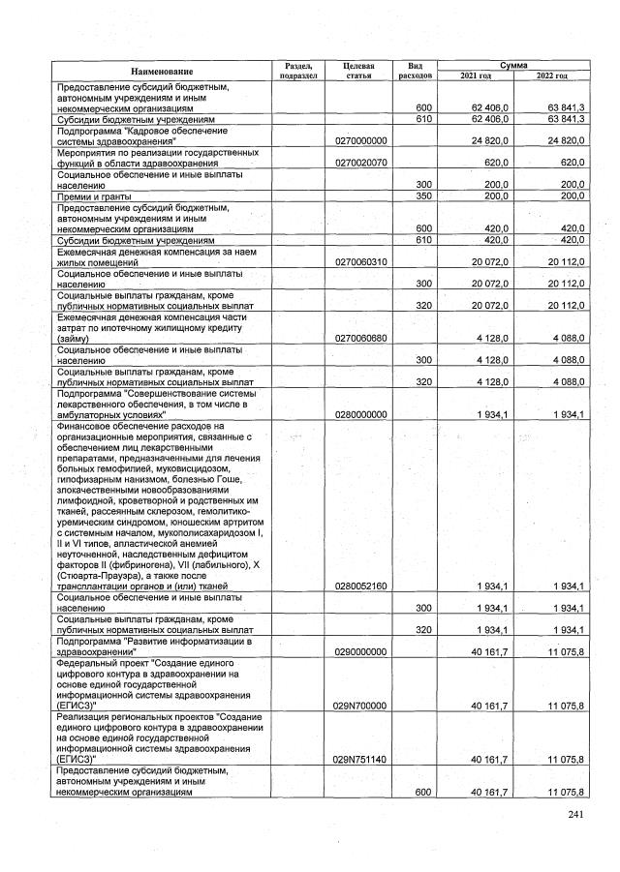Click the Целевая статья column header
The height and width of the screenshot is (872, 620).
point(358,71)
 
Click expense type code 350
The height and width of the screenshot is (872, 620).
point(422,195)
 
